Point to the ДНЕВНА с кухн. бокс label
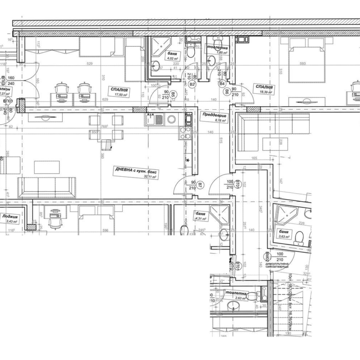[137, 173]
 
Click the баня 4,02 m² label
[173, 56]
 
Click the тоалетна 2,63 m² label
[236, 296]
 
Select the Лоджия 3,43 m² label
[10, 218]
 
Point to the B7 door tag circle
[200, 186]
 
